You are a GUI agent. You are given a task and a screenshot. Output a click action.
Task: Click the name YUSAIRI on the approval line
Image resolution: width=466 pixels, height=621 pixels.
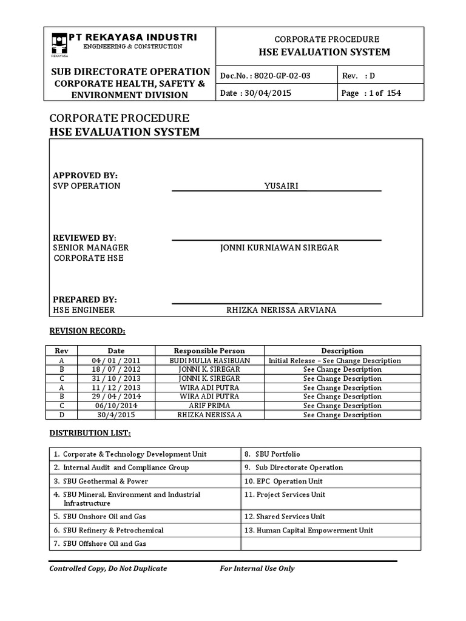(x=282, y=186)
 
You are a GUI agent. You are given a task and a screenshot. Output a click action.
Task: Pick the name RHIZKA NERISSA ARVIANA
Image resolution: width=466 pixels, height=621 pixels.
(x=281, y=310)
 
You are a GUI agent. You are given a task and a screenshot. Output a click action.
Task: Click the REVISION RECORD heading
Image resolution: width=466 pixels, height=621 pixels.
(x=87, y=331)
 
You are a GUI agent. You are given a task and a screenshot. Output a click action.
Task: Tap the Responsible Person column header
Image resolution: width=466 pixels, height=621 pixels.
(x=209, y=351)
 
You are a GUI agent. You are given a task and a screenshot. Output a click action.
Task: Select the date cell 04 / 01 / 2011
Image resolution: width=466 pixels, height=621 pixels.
(x=116, y=360)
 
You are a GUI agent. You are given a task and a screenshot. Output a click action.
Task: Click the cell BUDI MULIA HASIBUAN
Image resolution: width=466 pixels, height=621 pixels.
(x=209, y=360)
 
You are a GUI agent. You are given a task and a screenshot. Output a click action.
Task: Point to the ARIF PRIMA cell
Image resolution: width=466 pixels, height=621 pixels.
(x=209, y=406)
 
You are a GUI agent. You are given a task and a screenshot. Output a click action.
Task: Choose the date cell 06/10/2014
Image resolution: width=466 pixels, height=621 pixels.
(x=116, y=406)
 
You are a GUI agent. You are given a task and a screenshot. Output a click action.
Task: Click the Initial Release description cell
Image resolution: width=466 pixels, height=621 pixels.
(x=342, y=360)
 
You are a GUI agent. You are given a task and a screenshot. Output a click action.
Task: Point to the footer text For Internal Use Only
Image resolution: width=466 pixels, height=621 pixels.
(x=257, y=568)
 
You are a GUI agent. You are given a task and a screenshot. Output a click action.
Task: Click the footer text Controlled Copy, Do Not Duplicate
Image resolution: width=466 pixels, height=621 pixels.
(x=108, y=568)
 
